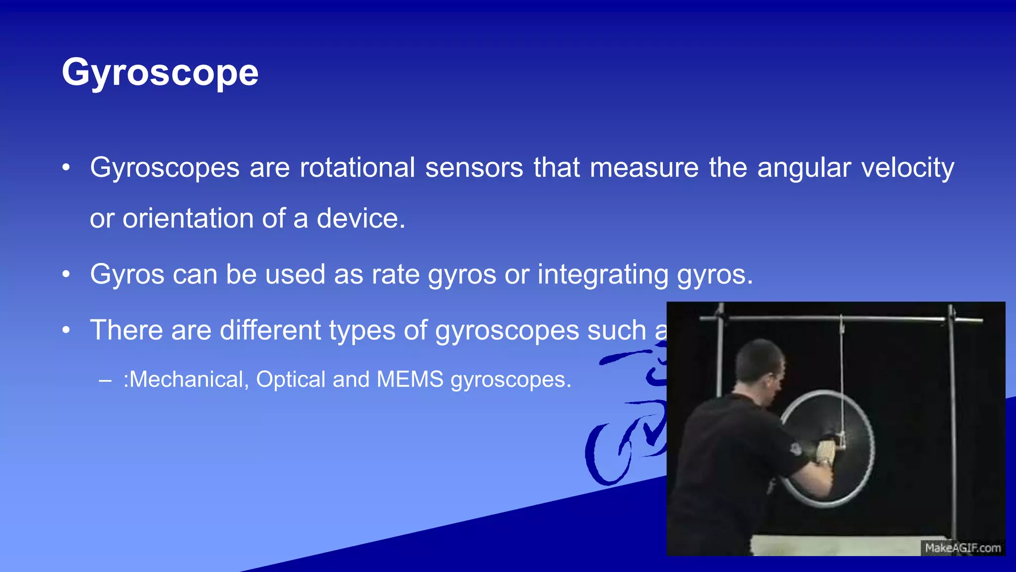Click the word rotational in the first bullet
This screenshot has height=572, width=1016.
(x=357, y=167)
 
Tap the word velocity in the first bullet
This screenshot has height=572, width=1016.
(x=907, y=167)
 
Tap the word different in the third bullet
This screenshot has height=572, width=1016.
(x=270, y=330)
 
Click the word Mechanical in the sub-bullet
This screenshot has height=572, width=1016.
(x=186, y=379)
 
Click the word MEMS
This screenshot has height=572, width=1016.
(x=410, y=379)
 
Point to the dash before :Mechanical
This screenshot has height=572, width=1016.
(x=105, y=381)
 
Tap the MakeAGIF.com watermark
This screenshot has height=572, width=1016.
(x=962, y=548)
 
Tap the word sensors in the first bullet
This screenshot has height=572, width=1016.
(x=474, y=167)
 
